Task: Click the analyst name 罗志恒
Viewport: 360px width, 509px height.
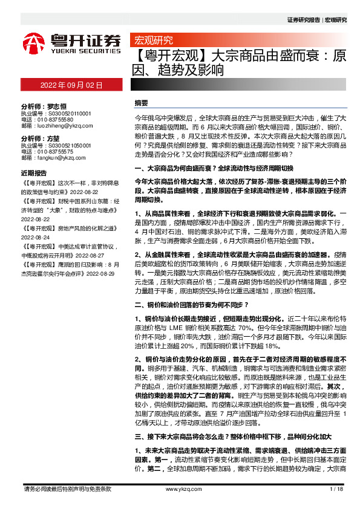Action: [x=53, y=105]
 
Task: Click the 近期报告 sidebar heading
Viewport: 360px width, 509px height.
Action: [x=33, y=172]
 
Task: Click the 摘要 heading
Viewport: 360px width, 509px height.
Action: [x=141, y=103]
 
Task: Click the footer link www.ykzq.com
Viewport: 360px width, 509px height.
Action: [x=179, y=489]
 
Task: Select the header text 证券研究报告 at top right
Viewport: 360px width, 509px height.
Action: [x=304, y=20]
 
